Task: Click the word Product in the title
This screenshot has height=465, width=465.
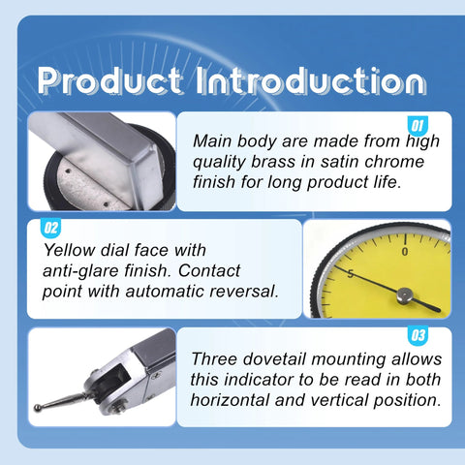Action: pyautogui.click(x=109, y=80)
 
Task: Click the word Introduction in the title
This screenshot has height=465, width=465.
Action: pyautogui.click(x=311, y=80)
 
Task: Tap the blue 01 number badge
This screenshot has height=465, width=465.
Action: pyautogui.click(x=418, y=126)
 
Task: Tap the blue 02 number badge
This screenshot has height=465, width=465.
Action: pyautogui.click(x=50, y=228)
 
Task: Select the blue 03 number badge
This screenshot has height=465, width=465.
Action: pyautogui.click(x=418, y=335)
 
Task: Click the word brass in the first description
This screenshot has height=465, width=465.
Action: pyautogui.click(x=273, y=162)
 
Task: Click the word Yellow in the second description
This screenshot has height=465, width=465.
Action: pyautogui.click(x=70, y=250)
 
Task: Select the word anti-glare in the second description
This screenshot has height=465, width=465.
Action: pyautogui.click(x=80, y=270)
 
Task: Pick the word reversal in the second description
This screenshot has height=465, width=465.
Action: pyautogui.click(x=244, y=291)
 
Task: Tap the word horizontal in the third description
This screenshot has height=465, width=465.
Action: pyautogui.click(x=230, y=400)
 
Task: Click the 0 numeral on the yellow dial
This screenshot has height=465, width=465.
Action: pyautogui.click(x=405, y=251)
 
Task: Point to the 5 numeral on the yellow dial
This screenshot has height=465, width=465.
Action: pyautogui.click(x=351, y=274)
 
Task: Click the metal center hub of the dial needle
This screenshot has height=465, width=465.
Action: pyautogui.click(x=404, y=295)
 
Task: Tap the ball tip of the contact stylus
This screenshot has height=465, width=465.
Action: pyautogui.click(x=38, y=408)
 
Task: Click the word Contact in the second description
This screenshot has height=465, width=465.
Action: pyautogui.click(x=209, y=270)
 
